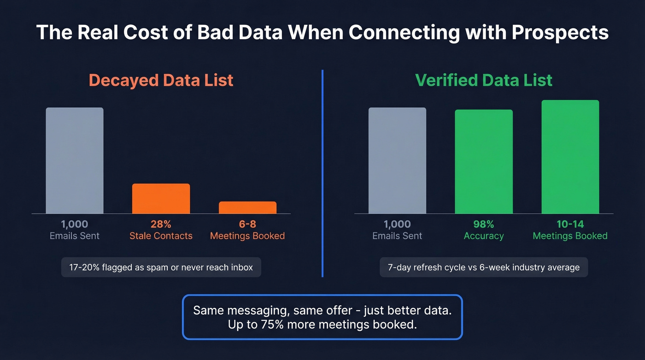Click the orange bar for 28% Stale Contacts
[161, 199]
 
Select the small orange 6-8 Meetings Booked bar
[247, 207]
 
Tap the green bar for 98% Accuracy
[483, 161]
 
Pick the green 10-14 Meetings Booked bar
[570, 157]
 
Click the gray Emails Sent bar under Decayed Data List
[75, 160]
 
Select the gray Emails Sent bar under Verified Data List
[397, 160]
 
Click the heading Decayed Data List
[161, 80]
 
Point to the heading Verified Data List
[483, 80]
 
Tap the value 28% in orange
[161, 224]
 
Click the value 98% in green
[483, 224]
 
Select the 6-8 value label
[247, 224]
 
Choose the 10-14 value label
[570, 224]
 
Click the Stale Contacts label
[161, 236]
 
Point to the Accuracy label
[483, 236]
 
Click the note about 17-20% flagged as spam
[161, 267]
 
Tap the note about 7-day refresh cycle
[483, 267]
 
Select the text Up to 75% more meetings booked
[322, 325]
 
